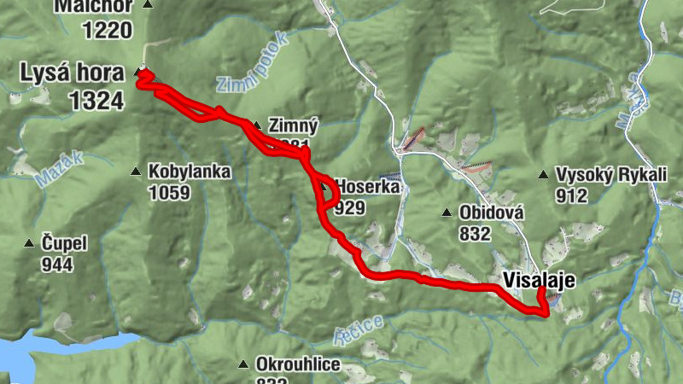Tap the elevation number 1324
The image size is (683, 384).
coord(96,100)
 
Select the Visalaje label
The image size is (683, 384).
coord(539,279)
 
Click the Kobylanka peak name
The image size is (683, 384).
coord(189,172)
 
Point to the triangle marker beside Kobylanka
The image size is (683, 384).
coord(135,172)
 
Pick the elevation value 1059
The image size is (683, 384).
coord(168,192)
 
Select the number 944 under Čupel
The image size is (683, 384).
coord(57,264)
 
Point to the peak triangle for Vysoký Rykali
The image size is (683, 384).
coord(543,176)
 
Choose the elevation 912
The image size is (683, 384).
coord(571,195)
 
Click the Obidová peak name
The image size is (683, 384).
coord(491,212)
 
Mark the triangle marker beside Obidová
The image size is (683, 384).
coord(446,212)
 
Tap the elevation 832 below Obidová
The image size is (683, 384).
coord(475,232)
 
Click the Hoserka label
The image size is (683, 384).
coord(368,186)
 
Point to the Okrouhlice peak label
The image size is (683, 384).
coord(298,365)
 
